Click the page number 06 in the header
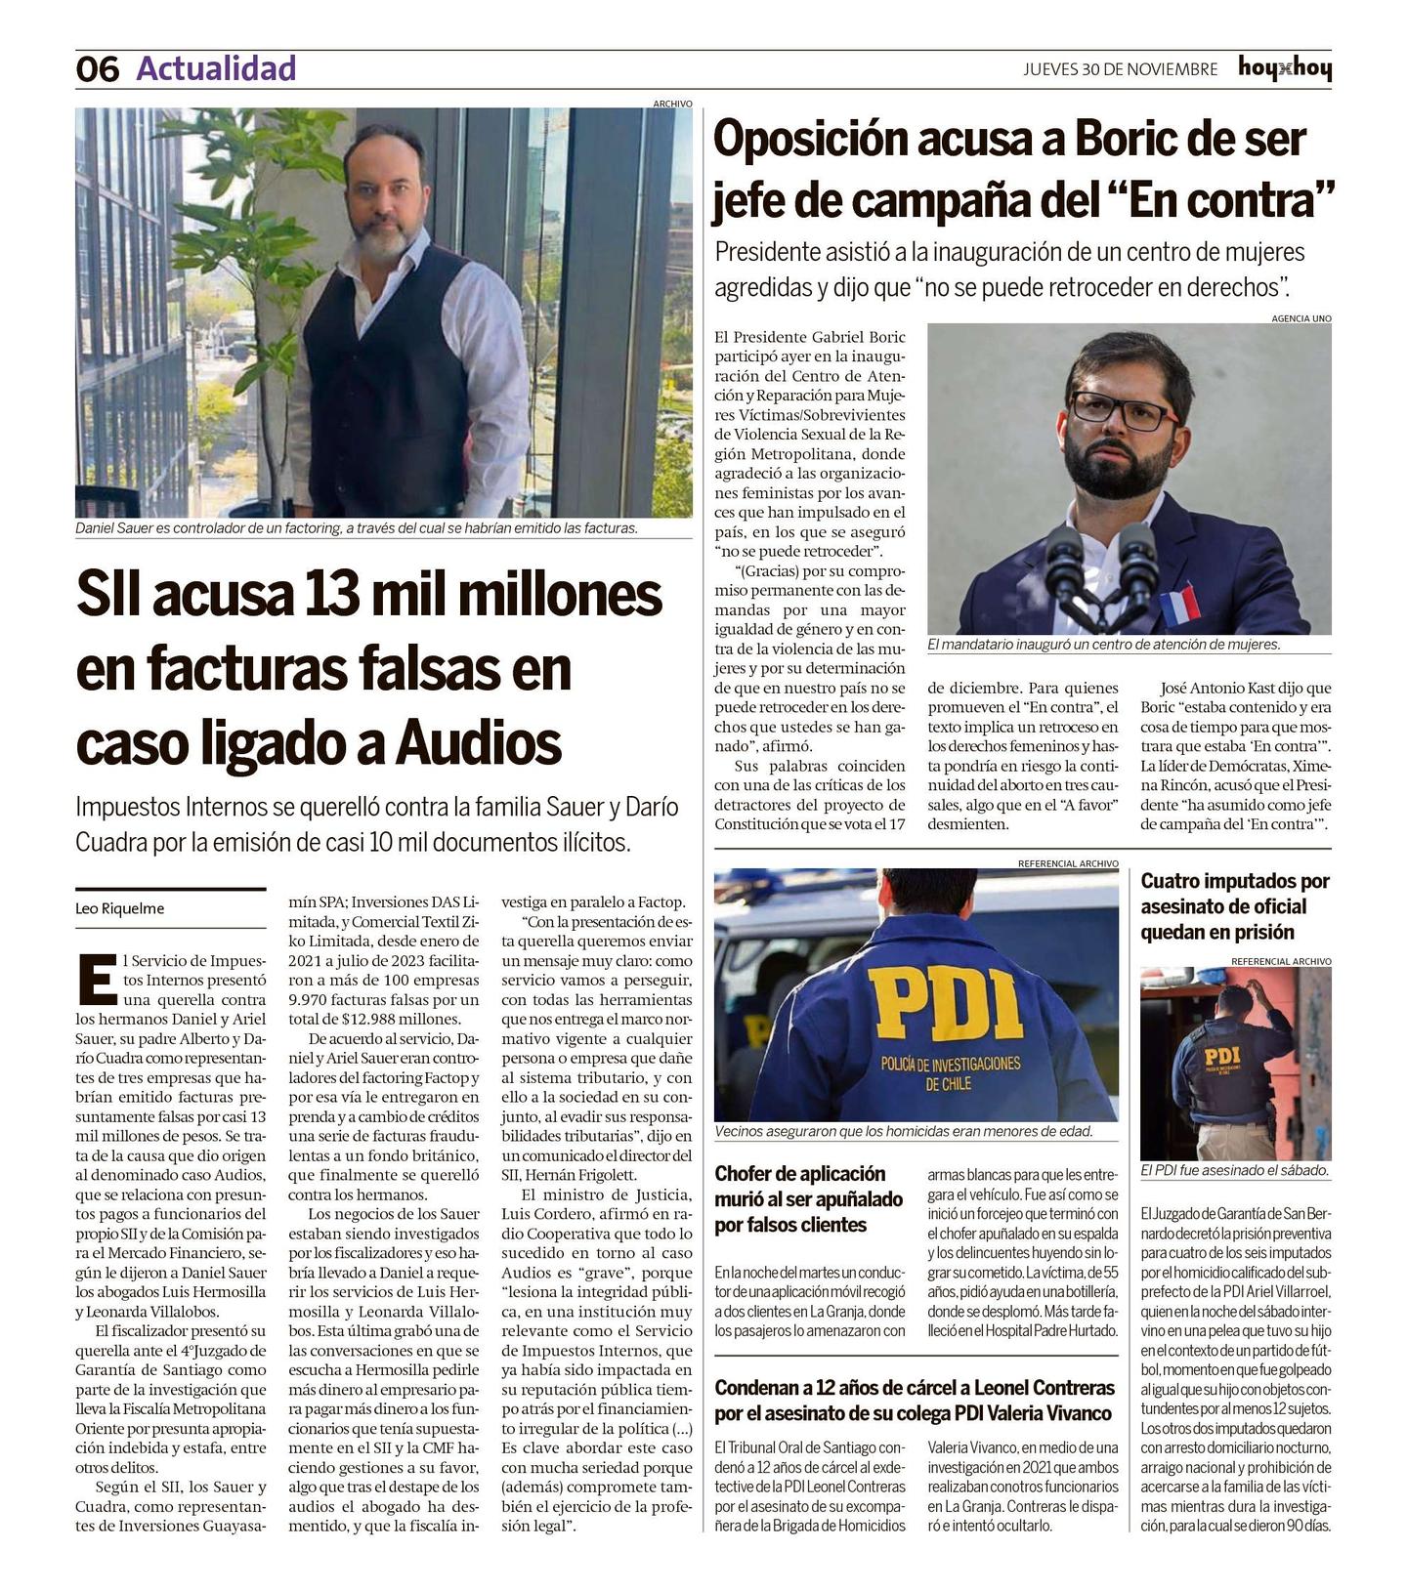pyautogui.click(x=98, y=69)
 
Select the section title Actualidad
pyautogui.click(x=216, y=68)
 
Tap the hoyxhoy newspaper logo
pyautogui.click(x=1284, y=68)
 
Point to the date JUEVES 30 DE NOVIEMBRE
pyautogui.click(x=1120, y=69)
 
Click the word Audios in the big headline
pyautogui.click(x=479, y=743)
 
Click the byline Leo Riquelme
pyautogui.click(x=120, y=908)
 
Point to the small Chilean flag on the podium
pyautogui.click(x=1177, y=605)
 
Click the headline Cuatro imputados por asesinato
pyautogui.click(x=1235, y=906)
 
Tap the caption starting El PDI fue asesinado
pyautogui.click(x=1235, y=1170)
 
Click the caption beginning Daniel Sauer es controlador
pyautogui.click(x=357, y=528)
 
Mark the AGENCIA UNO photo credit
pyautogui.click(x=1300, y=318)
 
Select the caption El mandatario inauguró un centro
pyautogui.click(x=1103, y=645)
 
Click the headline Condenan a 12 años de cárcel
pyautogui.click(x=914, y=1401)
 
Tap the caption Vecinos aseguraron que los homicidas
pyautogui.click(x=903, y=1131)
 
